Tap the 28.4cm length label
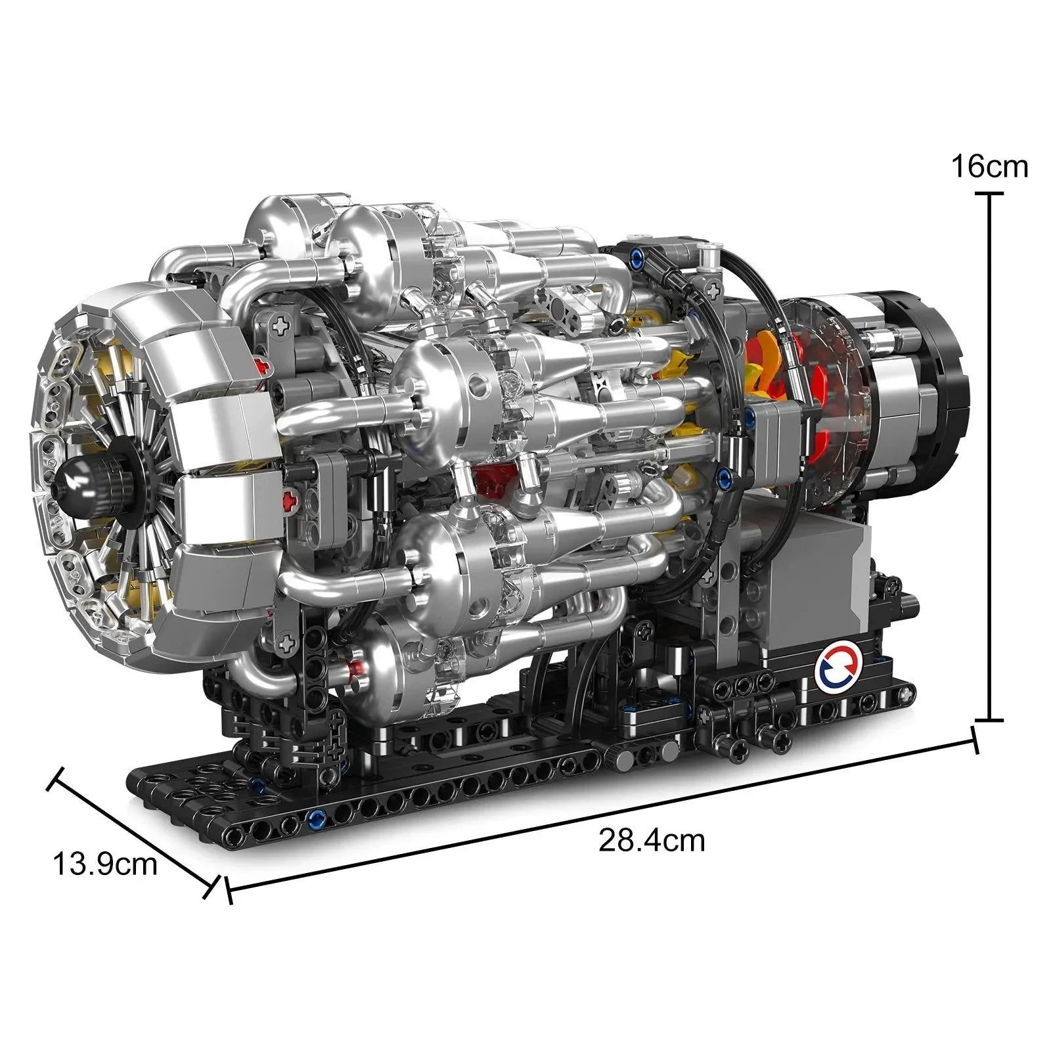coord(651,840)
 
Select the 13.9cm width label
coord(105,864)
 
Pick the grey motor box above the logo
coord(815,578)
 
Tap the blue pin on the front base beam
coord(316,818)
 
